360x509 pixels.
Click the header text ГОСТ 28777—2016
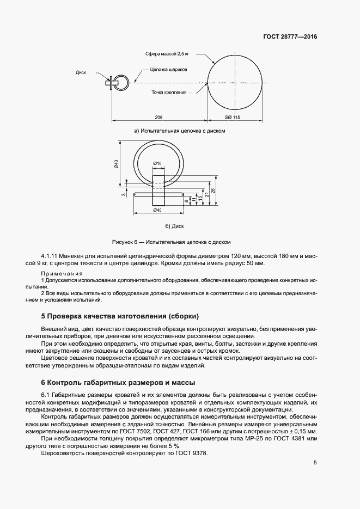[x=290, y=37]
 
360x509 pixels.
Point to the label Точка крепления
[x=169, y=93]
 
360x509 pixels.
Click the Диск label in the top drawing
[x=82, y=72]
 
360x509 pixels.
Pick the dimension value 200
[x=158, y=118]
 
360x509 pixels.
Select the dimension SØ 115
[x=232, y=118]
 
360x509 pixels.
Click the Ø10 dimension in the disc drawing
[x=157, y=163]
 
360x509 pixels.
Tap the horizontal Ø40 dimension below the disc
[x=157, y=210]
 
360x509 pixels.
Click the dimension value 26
[x=214, y=190]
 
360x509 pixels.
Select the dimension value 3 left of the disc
[x=124, y=193]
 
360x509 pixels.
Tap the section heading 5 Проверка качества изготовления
[x=120, y=316]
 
